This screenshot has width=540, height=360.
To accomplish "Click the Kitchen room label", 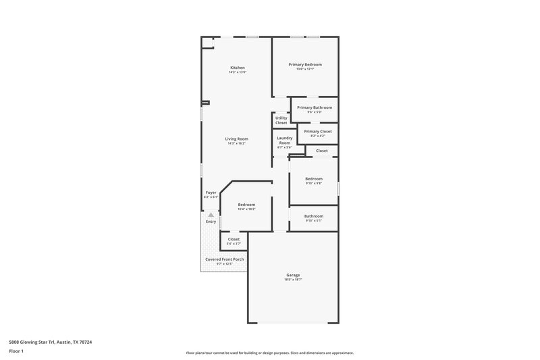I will point(237,68).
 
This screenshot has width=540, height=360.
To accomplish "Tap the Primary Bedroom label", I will point(305,65).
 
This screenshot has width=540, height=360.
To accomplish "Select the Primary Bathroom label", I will point(314,107).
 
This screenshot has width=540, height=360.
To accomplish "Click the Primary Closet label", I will point(317,132).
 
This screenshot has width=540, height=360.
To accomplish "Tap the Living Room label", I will point(237,139).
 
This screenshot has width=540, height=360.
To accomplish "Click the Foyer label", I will point(211,192).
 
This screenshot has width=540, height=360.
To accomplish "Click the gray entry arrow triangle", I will point(211,215).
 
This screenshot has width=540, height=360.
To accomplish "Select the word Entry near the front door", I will point(211,222).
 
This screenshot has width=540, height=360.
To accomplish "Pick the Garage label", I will point(292,275).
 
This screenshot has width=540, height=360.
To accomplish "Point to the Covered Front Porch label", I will point(224,259).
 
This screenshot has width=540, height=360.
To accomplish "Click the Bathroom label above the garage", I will point(314,216).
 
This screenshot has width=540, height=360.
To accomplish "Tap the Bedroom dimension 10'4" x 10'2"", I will point(246,209).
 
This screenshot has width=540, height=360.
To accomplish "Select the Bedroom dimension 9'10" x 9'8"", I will point(314,183).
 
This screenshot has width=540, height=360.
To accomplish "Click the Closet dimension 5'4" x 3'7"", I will point(234,243).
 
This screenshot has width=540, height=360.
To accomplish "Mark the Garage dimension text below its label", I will point(292,279).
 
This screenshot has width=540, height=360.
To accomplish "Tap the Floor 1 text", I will point(16,352).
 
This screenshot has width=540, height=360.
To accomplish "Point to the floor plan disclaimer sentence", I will point(269,353).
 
